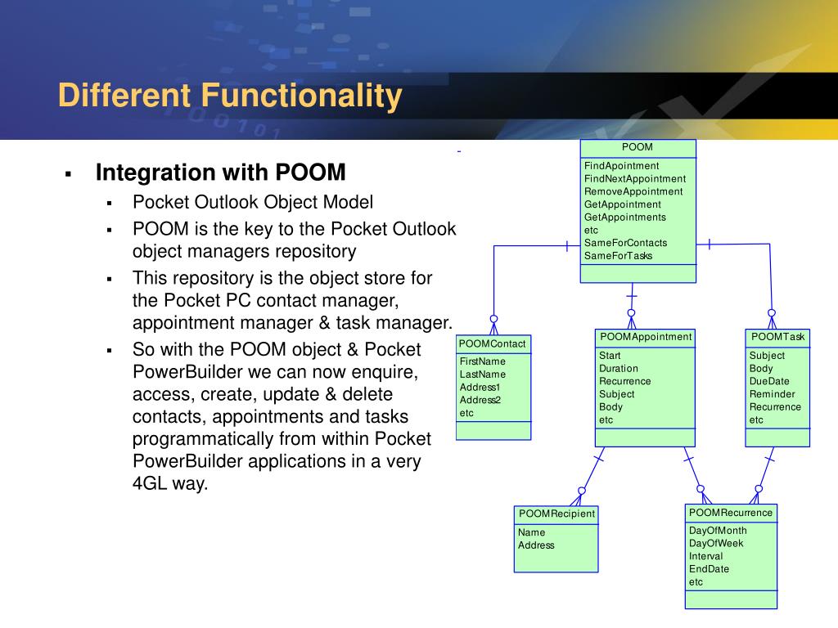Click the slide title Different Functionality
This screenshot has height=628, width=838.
230,96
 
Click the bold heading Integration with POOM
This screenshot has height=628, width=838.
221,173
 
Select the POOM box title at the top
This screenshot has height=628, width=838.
638,147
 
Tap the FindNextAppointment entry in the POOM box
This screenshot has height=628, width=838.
635,178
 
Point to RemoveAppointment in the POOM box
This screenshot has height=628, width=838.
633,191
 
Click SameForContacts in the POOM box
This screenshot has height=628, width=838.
625,243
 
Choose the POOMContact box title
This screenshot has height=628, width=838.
493,343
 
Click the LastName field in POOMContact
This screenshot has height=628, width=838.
483,375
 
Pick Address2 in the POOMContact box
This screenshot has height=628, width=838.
480,400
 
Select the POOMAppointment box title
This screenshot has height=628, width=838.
646,337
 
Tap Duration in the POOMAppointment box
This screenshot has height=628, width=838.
619,369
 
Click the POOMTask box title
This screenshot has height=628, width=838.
777,337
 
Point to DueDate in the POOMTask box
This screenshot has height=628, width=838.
769,381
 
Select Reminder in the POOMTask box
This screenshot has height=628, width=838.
772,394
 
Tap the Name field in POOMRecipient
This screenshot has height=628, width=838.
531,532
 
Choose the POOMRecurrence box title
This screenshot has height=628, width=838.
730,513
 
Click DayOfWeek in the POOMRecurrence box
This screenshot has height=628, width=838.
716,543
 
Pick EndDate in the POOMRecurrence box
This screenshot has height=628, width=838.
709,569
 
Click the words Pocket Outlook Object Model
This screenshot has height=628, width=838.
253,202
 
